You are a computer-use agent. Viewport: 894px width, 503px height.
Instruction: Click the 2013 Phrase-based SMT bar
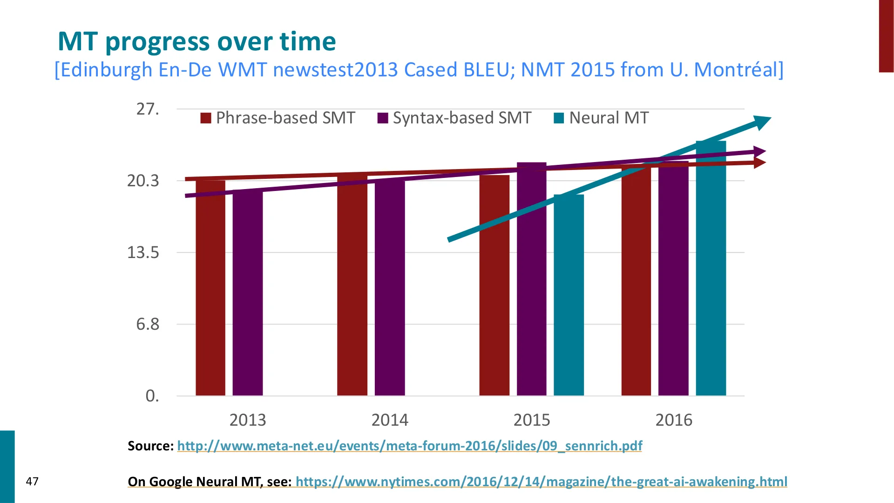coord(210,287)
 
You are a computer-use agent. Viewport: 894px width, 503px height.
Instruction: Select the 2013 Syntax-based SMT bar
coord(248,293)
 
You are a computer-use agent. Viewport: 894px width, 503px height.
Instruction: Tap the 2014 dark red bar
coord(352,285)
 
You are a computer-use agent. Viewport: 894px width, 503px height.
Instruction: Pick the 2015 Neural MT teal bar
coord(569,295)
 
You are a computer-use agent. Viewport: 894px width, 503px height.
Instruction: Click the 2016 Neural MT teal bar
coord(711,268)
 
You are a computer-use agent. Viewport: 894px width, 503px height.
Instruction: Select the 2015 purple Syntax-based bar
coord(532,279)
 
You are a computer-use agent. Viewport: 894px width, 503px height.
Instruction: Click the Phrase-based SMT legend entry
coord(278,118)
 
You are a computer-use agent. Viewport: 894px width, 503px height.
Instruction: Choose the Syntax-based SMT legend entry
coord(454,118)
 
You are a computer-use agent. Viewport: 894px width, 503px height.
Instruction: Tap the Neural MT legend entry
coord(601,118)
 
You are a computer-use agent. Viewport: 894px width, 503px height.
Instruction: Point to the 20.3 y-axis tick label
coord(143,181)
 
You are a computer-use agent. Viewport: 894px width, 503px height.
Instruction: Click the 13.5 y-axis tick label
coord(143,252)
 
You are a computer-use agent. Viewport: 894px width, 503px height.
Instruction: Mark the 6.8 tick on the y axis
coord(148,324)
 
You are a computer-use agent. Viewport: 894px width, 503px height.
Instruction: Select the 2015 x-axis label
coord(532,420)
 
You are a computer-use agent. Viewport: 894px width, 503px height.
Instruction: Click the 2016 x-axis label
coord(674,420)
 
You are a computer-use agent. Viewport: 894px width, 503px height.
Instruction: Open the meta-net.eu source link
coord(410,446)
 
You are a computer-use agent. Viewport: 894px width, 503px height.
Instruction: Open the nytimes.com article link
coord(542,482)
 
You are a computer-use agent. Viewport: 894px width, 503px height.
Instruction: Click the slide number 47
coord(32,482)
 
